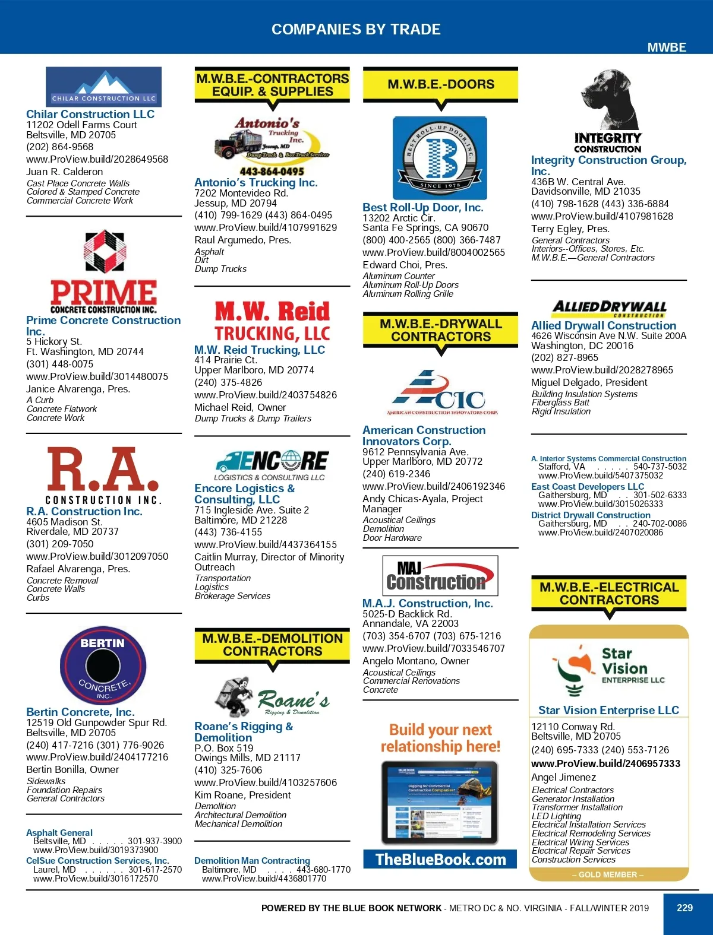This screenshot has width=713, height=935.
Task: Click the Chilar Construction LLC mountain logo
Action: click(x=103, y=87)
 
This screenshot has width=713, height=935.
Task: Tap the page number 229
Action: click(x=684, y=908)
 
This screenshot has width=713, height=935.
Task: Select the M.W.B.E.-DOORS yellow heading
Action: click(x=440, y=84)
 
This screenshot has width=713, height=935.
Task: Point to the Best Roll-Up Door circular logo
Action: click(x=440, y=158)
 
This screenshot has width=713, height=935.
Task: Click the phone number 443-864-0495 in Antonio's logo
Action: click(x=272, y=171)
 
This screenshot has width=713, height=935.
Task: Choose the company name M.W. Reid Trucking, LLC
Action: click(x=260, y=350)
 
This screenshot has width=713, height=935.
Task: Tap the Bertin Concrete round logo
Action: click(x=103, y=665)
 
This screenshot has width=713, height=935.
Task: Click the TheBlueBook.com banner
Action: click(x=440, y=859)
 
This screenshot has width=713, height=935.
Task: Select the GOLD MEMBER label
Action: click(x=608, y=874)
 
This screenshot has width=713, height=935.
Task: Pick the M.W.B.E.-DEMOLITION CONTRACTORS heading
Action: click(x=272, y=645)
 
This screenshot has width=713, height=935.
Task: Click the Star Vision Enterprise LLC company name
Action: click(x=608, y=710)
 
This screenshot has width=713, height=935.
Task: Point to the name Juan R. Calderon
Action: click(x=65, y=172)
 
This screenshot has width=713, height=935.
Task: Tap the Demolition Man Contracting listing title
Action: click(x=252, y=860)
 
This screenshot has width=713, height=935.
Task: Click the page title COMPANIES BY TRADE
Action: click(x=356, y=29)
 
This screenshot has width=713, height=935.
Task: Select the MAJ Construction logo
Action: click(x=440, y=575)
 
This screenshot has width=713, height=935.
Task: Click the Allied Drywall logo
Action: click(x=608, y=308)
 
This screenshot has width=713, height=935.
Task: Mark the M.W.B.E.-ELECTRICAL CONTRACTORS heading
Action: click(x=608, y=594)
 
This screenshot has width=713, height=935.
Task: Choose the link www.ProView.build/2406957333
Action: click(x=605, y=763)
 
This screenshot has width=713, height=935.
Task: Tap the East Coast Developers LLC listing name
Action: click(x=588, y=486)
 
